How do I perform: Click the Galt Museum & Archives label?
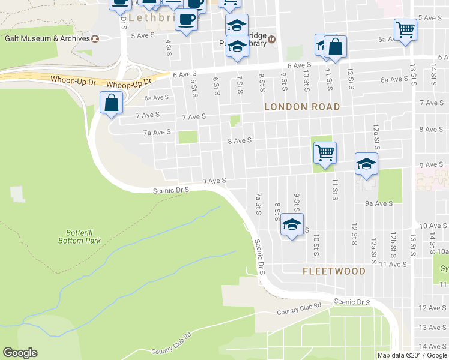[47, 38]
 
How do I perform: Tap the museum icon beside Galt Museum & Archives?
[95, 38]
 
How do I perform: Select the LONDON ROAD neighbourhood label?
[303, 107]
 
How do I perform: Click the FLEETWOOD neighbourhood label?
[334, 271]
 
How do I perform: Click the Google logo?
[20, 353]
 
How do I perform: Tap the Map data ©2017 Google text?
[412, 355]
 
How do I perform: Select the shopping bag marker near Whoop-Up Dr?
[112, 103]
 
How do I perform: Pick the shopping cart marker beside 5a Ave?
[406, 29]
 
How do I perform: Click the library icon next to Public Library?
[271, 40]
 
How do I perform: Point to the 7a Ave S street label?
[157, 132]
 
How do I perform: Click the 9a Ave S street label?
[379, 203]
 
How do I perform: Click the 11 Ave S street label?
[385, 264]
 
